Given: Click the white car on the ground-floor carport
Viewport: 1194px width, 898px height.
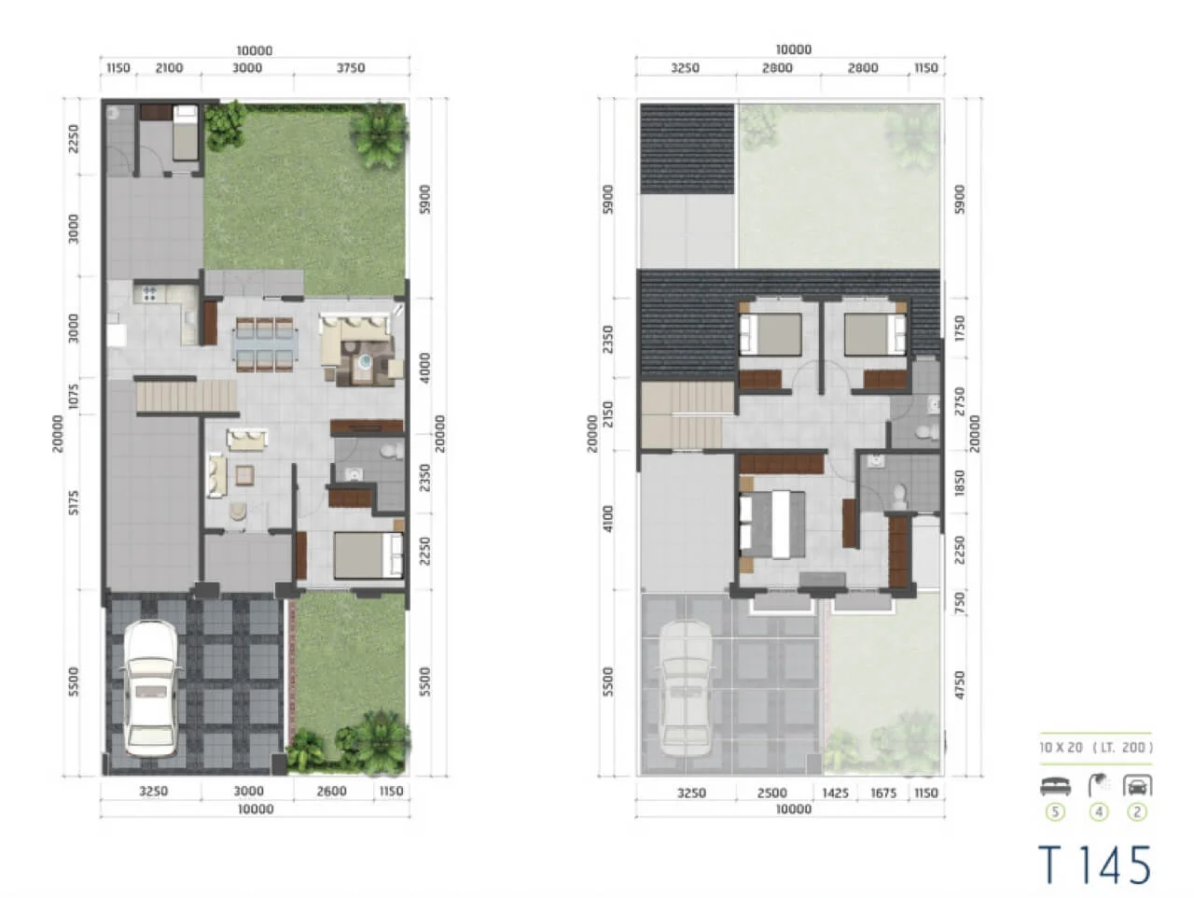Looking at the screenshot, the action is tap(150, 689).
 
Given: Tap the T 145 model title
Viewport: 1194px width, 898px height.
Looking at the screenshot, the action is tap(1094, 864).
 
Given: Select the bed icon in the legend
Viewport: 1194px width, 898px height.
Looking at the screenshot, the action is tap(1055, 786).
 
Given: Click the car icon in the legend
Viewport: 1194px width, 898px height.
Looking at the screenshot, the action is tap(1136, 786).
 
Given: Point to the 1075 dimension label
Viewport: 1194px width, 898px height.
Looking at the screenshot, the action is tap(74, 396).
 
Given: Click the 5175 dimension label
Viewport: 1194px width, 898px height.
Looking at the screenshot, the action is tap(74, 502).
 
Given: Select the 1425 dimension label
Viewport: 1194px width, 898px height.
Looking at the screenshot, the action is tap(835, 793).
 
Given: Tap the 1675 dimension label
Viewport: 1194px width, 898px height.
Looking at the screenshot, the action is tap(882, 793).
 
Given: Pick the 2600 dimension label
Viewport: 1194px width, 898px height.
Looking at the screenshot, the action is tap(331, 791).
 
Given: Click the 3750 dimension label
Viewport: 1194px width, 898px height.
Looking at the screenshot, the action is tap(351, 68).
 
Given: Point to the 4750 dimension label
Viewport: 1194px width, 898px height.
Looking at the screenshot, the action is tap(960, 684).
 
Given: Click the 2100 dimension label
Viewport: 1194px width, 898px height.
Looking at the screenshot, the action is tap(169, 68).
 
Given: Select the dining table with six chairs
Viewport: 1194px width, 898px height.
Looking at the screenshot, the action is tap(267, 345).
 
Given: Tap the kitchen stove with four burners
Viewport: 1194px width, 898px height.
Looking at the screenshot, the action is tap(149, 294).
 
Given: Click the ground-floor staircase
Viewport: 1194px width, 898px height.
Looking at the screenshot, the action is tap(187, 396).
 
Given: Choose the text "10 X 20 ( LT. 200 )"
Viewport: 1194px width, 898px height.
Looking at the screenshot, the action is tap(1095, 748).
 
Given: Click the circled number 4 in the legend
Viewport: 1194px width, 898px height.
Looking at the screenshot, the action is tap(1098, 812).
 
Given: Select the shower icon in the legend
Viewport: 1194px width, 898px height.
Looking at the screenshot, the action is tap(1098, 785).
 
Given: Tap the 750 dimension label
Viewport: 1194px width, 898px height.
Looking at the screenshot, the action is tap(960, 603).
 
